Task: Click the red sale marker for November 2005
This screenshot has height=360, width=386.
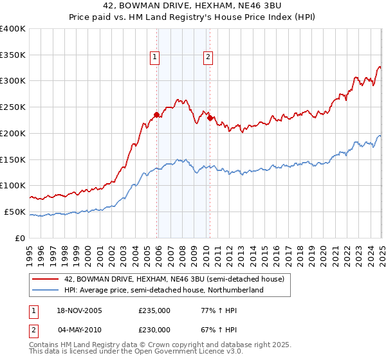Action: [156, 115]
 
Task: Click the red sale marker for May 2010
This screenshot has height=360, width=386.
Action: [209, 118]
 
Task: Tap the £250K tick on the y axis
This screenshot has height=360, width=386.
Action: [13, 107]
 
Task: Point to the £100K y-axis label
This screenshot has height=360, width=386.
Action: [13, 185]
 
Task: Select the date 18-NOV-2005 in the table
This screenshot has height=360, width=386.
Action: [79, 310]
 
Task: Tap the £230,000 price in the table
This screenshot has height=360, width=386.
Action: [154, 330]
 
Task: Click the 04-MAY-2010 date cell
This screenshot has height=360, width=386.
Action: [79, 330]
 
